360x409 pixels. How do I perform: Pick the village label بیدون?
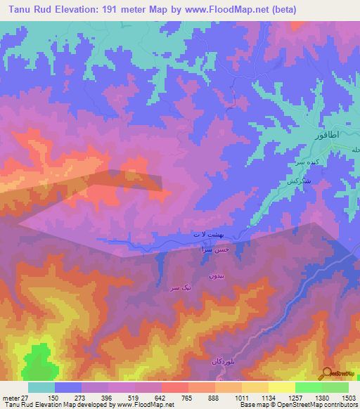216,277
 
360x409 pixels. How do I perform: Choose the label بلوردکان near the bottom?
221,361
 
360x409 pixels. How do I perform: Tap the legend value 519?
121,398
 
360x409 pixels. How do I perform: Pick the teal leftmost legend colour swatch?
41,387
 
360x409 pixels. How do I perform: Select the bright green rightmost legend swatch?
335,387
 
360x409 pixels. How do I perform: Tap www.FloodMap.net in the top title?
229,10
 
